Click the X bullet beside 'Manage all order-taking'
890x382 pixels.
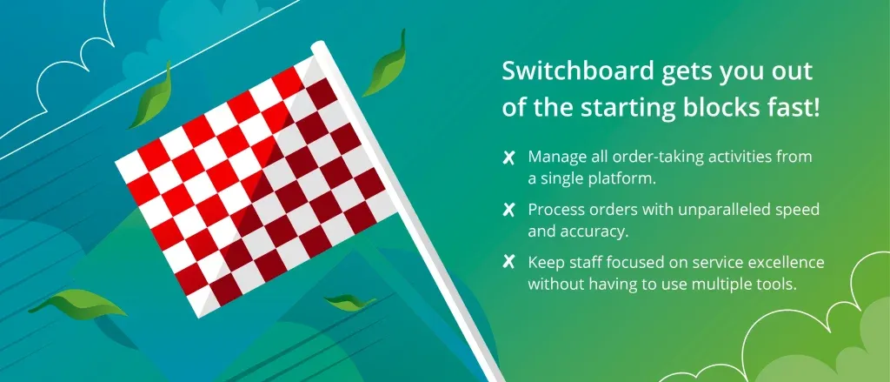(508, 158)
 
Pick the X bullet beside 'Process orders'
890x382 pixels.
(508, 211)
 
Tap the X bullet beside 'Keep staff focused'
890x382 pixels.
(508, 263)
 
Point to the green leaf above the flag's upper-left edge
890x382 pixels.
(151, 97)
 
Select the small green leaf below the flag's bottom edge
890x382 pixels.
(350, 301)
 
